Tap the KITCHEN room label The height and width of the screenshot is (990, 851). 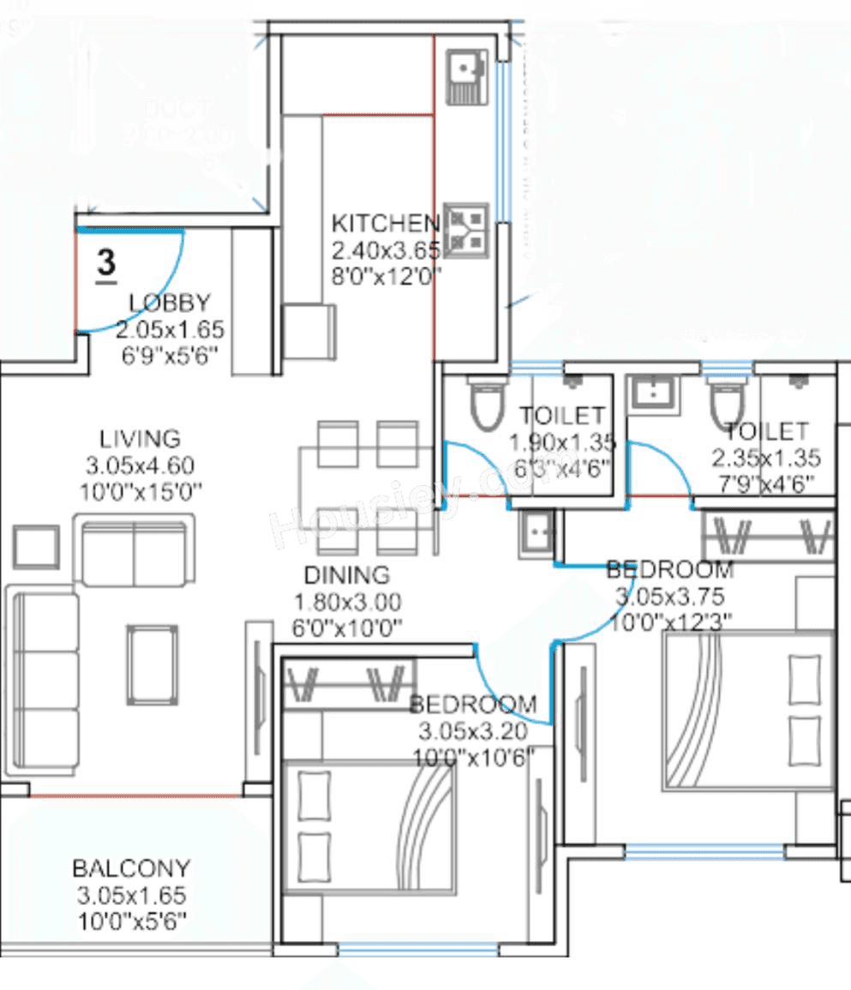point(385,224)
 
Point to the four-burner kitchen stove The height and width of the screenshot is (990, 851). point(467,230)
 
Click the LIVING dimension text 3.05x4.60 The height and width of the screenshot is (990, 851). point(141,465)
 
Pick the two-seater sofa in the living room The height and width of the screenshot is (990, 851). point(134,550)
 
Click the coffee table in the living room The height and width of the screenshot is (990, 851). point(153,663)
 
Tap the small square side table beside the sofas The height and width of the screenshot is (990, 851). point(36,547)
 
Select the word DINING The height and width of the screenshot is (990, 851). point(346,575)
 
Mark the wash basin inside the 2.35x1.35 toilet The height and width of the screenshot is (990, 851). point(653,395)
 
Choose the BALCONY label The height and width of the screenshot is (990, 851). point(131,867)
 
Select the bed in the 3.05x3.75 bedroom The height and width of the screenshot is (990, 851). point(747,711)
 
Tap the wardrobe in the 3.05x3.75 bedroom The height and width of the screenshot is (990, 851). point(767,536)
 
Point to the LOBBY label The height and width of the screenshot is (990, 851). point(169,303)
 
